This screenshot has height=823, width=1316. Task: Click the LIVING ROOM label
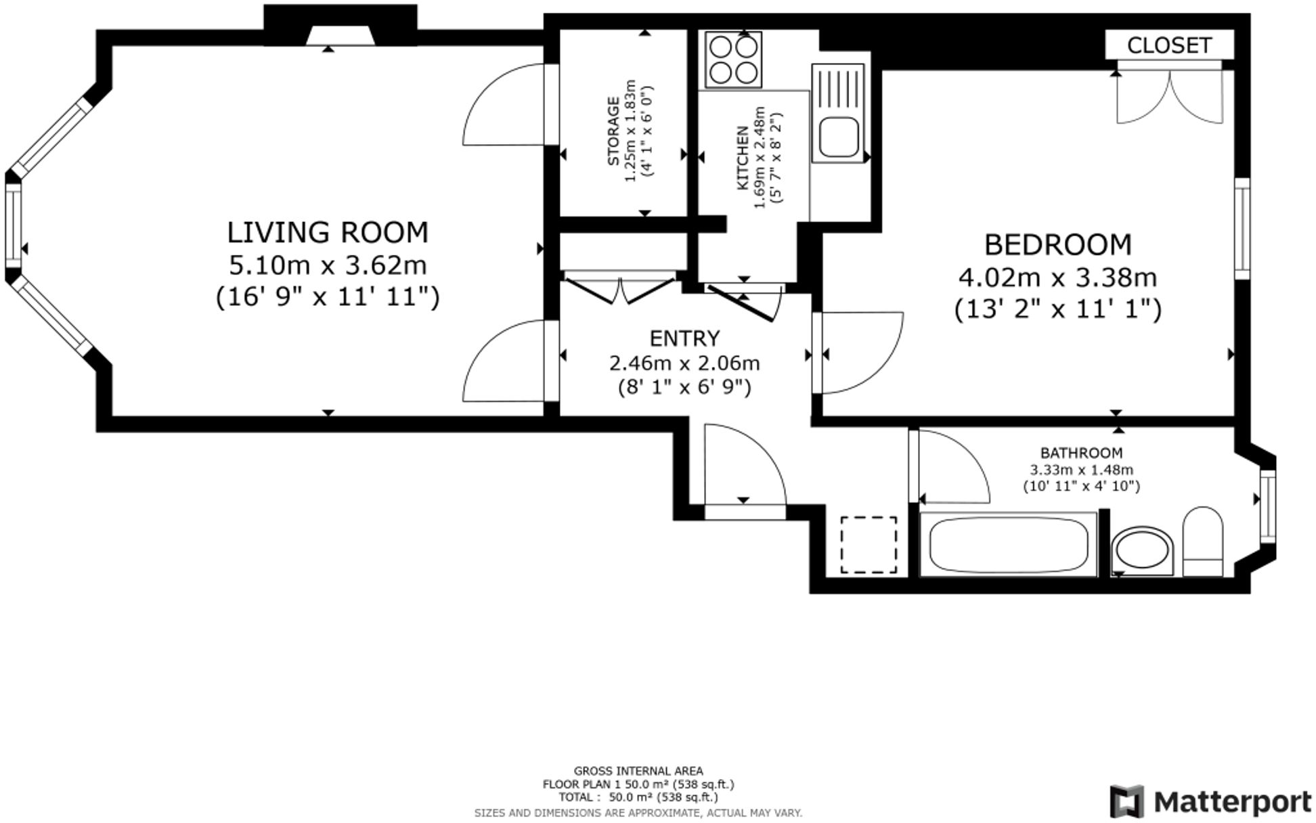[328, 232]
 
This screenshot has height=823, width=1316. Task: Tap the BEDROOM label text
[1057, 244]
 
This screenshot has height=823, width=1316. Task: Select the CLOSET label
[1169, 45]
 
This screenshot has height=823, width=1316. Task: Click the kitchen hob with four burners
[733, 60]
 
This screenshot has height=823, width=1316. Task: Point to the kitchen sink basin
[838, 137]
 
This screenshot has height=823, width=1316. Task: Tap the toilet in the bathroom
[1202, 541]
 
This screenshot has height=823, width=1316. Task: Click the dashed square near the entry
[869, 545]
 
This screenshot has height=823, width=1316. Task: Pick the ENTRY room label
[684, 338]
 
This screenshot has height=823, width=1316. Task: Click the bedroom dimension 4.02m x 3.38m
[1057, 277]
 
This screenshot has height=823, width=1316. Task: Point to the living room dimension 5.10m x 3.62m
[328, 265]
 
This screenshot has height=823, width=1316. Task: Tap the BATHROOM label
[1081, 453]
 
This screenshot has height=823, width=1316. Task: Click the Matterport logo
[1210, 802]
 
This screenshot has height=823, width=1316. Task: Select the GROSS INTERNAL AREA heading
[638, 771]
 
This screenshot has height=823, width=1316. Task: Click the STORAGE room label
[613, 131]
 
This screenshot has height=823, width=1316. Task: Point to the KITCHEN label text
[743, 158]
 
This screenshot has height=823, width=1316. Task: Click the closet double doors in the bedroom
[1170, 97]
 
